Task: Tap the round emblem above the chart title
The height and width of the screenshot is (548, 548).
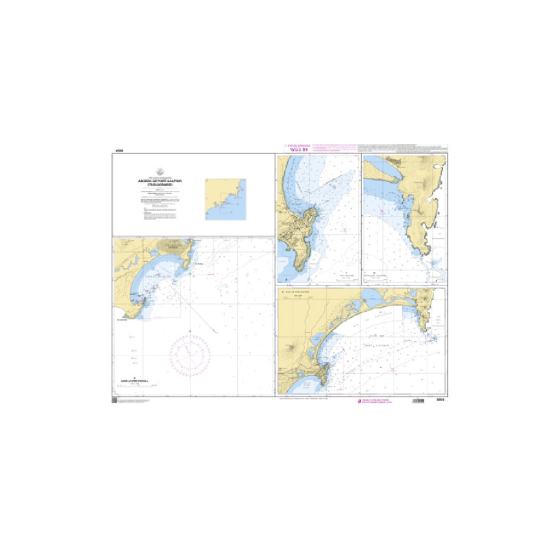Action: tap(160, 172)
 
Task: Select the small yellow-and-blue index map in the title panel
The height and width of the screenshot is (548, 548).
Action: tap(226, 199)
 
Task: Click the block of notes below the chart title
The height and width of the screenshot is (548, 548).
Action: tap(160, 203)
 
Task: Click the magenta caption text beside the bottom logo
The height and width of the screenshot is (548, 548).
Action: tap(380, 401)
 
